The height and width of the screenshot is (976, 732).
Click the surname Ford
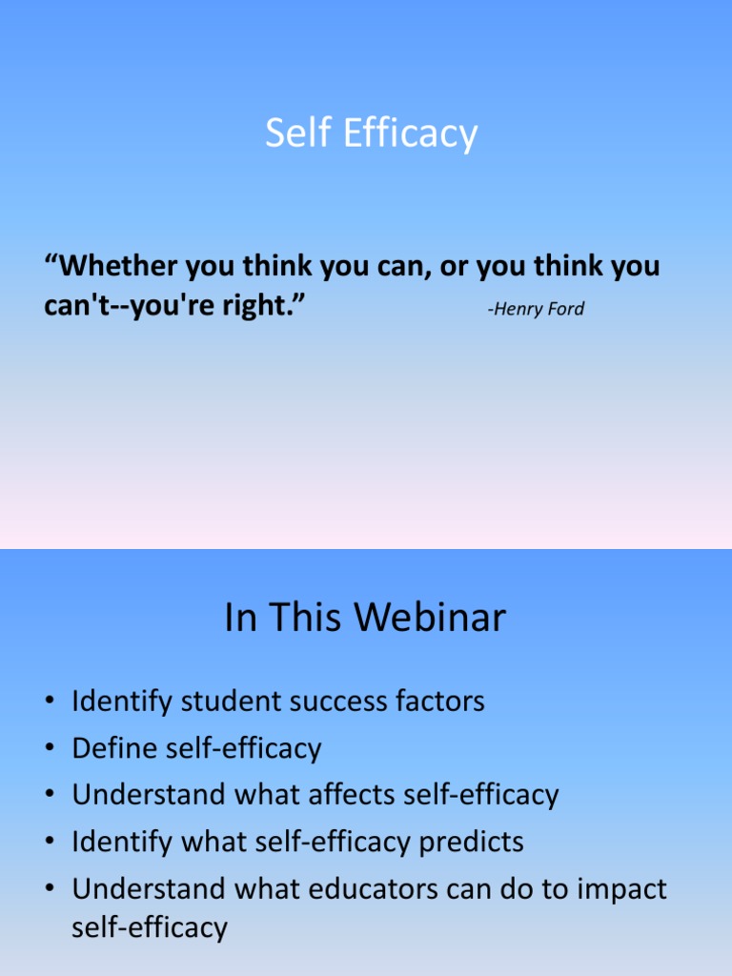coord(566,309)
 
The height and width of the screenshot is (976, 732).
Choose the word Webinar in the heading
coord(434,619)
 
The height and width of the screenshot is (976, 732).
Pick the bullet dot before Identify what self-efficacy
coord(49,844)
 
